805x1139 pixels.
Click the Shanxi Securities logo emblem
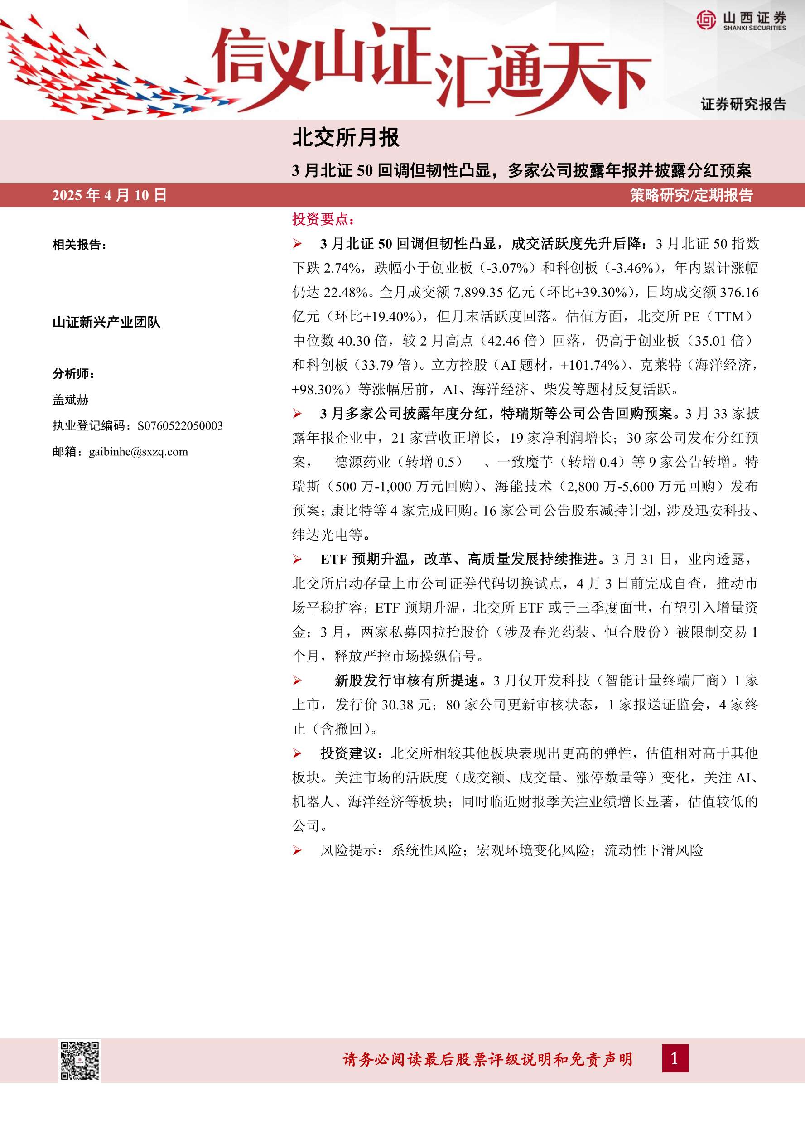(706, 20)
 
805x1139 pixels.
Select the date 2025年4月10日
(109, 195)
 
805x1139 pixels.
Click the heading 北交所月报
(346, 138)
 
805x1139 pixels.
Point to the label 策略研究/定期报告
(691, 195)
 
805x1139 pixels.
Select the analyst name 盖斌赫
(70, 399)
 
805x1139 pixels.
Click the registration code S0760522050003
(180, 425)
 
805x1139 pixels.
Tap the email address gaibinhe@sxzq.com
(138, 452)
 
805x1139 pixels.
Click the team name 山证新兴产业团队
(106, 323)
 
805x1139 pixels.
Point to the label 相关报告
(79, 245)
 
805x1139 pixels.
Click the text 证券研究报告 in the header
(743, 104)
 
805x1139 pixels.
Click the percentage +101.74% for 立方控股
(590, 365)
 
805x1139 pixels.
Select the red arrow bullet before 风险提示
(297, 851)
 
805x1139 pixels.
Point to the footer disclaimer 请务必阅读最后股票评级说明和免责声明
(487, 1060)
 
